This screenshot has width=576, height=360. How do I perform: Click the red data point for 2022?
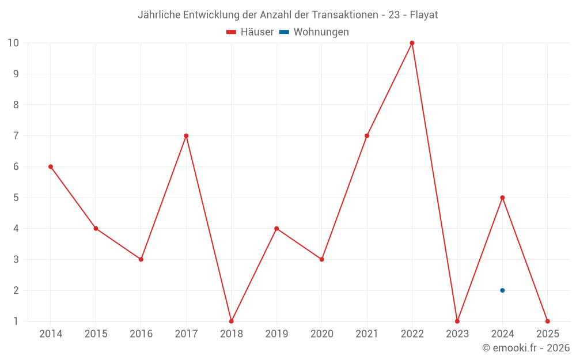pos(412,43)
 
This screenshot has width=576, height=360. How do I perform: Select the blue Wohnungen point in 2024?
pos(502,290)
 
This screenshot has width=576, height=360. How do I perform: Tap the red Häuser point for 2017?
pos(186,136)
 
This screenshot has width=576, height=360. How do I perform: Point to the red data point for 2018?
pos(231,321)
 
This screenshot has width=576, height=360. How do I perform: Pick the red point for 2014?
pos(51,166)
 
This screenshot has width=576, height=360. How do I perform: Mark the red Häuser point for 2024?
pos(502,198)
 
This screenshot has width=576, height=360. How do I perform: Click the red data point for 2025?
pos(547,321)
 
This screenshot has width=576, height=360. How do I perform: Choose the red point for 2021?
pos(367,136)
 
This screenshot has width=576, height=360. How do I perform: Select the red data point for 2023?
pos(457,321)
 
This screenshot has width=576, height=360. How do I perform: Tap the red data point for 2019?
pos(276,229)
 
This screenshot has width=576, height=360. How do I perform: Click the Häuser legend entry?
pos(250,32)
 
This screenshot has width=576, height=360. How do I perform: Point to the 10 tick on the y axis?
pos(13,43)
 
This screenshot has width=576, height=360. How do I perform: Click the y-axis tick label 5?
pos(16,198)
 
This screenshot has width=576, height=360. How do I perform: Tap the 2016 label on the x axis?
pos(141,334)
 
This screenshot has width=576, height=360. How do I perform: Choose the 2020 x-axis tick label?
pos(321,334)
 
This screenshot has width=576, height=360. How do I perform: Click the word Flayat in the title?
pos(424,15)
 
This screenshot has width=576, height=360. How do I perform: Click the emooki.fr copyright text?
pos(526,348)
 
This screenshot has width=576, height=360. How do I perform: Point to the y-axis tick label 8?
pos(16,105)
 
